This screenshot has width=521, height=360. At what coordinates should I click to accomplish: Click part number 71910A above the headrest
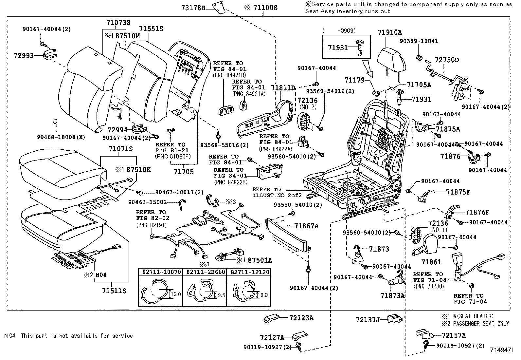click(x=390, y=32)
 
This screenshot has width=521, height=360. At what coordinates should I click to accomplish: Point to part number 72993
click(x=24, y=55)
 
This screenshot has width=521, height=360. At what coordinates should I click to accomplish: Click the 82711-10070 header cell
click(x=160, y=272)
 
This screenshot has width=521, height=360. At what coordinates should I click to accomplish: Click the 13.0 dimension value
click(x=176, y=294)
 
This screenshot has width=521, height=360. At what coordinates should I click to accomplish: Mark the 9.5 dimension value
click(x=221, y=295)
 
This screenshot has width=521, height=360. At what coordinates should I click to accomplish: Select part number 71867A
click(x=306, y=226)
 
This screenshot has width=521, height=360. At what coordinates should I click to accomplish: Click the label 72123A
click(x=301, y=318)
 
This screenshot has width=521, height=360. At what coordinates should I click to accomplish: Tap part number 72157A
click(x=454, y=335)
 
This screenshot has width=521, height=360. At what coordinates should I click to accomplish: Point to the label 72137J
click(x=368, y=319)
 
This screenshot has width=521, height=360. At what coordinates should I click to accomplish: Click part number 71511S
click(x=114, y=291)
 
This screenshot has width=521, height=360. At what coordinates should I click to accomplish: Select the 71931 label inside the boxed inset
click(x=338, y=47)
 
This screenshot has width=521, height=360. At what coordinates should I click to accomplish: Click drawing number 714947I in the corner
click(x=501, y=350)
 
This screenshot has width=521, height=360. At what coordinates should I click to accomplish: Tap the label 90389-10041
click(x=419, y=41)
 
